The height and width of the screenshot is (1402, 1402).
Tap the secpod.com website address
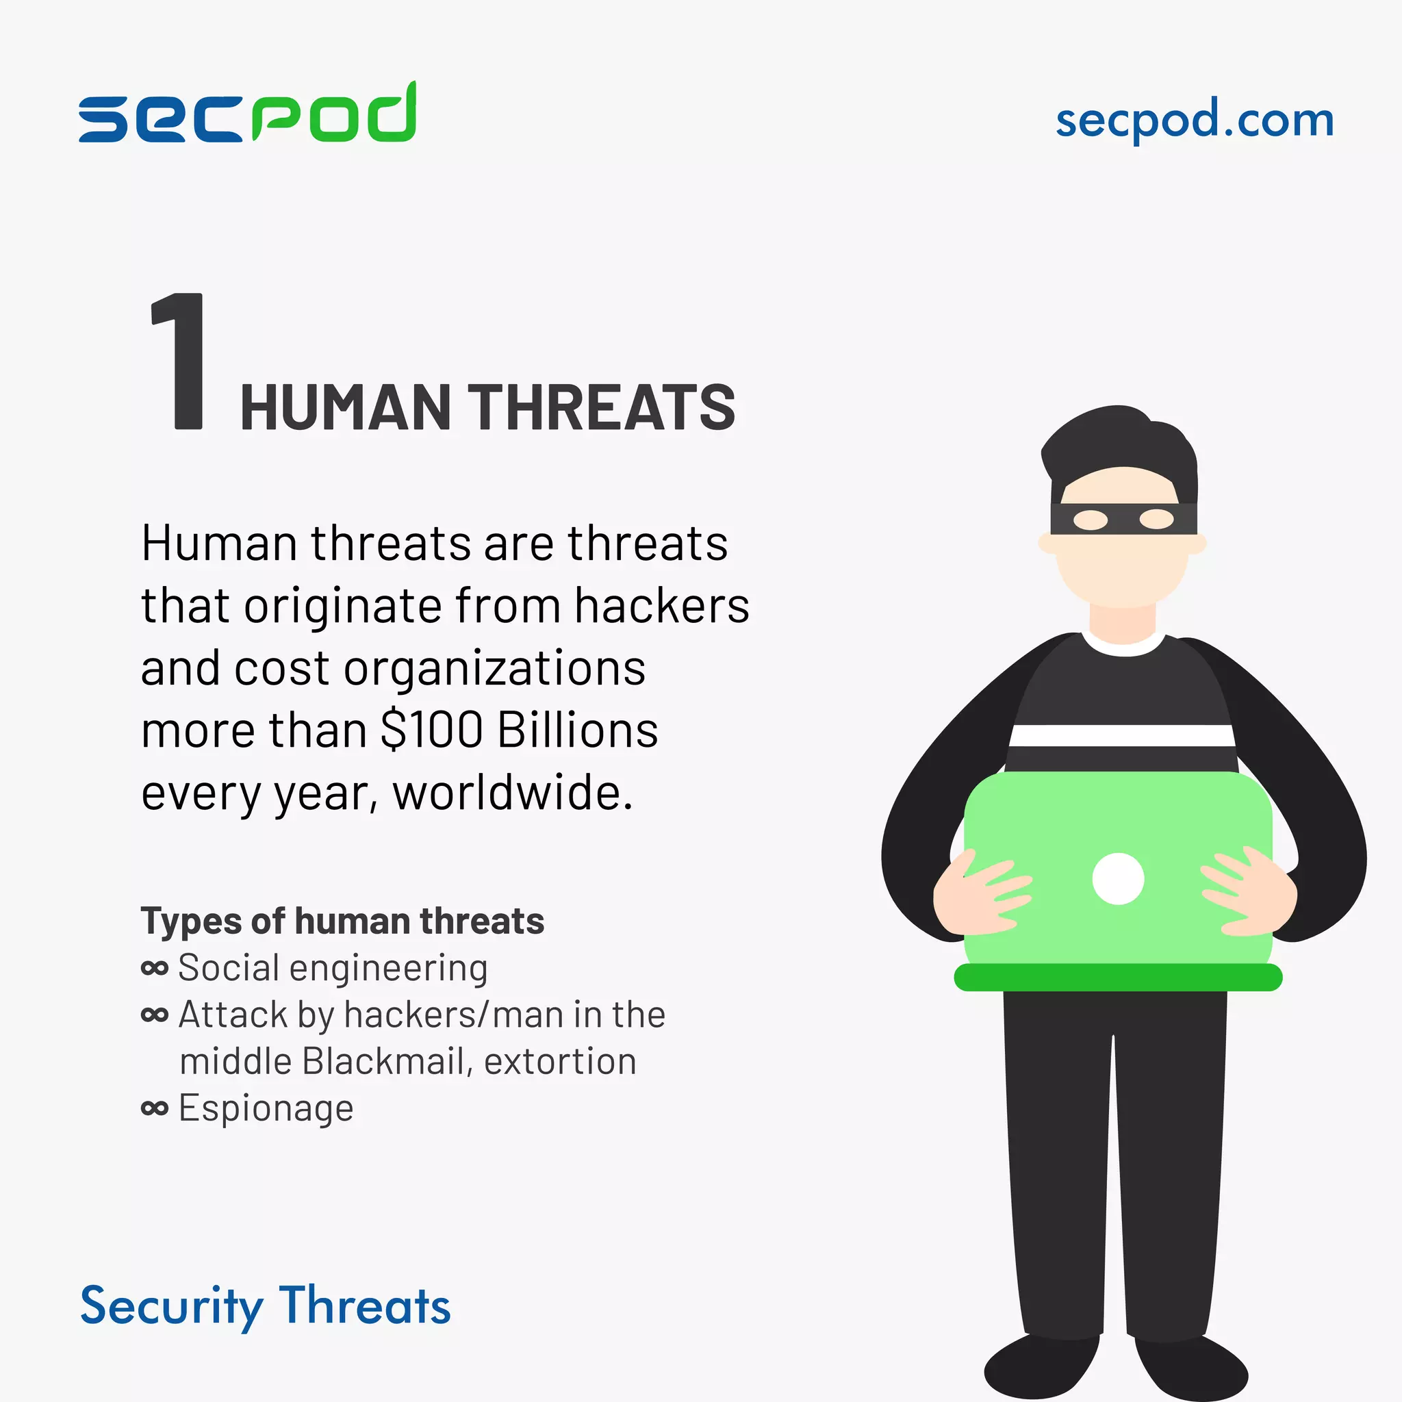click(x=1194, y=120)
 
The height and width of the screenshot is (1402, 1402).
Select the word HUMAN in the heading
click(x=346, y=408)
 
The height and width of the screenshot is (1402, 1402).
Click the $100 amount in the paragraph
click(x=432, y=730)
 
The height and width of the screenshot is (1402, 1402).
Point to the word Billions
click(x=578, y=730)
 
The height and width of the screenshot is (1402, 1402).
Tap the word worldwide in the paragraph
click(x=512, y=793)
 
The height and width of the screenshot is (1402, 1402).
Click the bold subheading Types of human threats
click(x=342, y=921)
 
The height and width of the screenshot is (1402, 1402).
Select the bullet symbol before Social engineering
click(x=155, y=968)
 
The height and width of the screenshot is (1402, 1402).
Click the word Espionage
click(x=266, y=1108)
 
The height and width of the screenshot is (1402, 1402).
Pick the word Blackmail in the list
click(x=383, y=1062)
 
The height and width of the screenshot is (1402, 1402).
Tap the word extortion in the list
click(x=560, y=1062)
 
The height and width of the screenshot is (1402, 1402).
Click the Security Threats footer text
click(x=265, y=1306)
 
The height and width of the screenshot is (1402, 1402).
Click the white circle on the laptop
click(x=1117, y=879)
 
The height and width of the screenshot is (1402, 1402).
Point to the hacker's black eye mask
click(x=1123, y=519)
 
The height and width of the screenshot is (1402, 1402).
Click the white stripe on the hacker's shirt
click(x=1121, y=735)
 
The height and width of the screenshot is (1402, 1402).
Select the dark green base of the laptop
click(x=1117, y=978)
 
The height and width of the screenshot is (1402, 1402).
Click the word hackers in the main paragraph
click(x=662, y=606)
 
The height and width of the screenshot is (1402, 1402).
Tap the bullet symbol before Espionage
click(x=155, y=1108)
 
